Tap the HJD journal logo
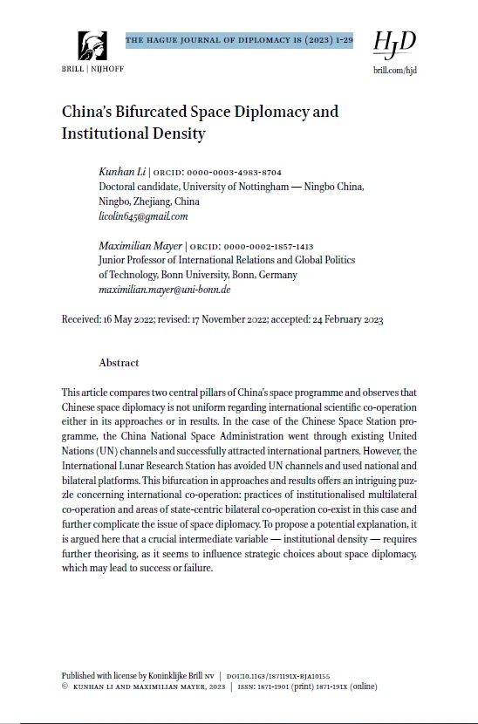(x=393, y=41)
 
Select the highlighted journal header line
(x=238, y=40)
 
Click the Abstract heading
(x=119, y=362)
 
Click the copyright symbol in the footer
(x=65, y=686)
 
